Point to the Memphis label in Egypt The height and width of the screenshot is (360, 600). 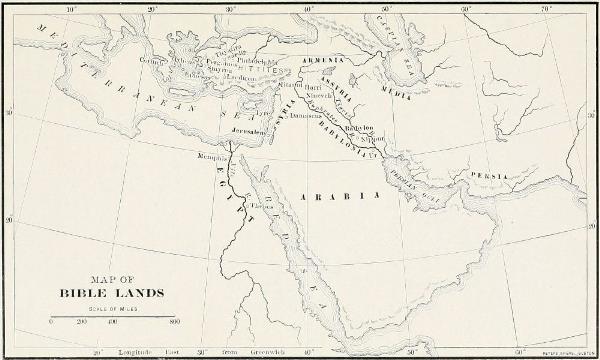210,157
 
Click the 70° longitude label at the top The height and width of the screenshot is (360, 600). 547,8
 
